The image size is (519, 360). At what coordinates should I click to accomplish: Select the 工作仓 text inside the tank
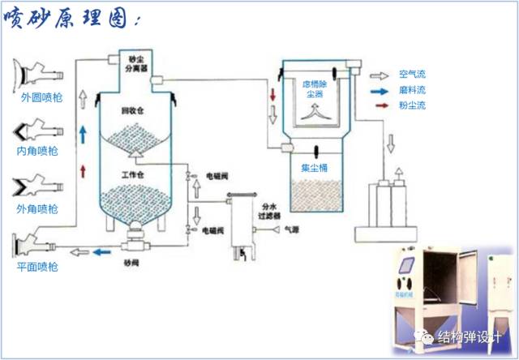pyautogui.click(x=132, y=175)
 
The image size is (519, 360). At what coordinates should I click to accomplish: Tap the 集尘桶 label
pyautogui.click(x=314, y=168)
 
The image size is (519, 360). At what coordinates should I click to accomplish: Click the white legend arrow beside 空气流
pyautogui.click(x=379, y=74)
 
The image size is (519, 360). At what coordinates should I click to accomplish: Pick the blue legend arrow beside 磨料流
pyautogui.click(x=379, y=90)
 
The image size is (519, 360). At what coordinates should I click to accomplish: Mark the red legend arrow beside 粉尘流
pyautogui.click(x=379, y=105)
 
